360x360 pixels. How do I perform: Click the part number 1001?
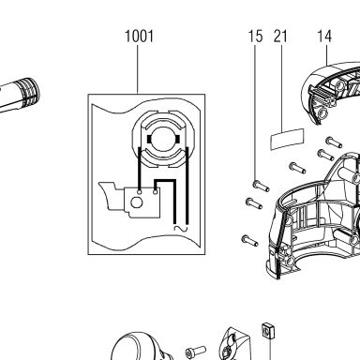coord(139,37)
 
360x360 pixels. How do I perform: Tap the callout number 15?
coord(255,37)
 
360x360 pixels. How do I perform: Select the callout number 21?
coord(280,37)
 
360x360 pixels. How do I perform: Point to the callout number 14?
coord(324,37)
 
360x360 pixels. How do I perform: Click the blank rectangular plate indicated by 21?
coord(287,139)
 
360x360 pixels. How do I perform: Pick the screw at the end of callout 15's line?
coord(261,187)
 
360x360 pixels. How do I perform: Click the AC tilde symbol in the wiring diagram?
coord(181,229)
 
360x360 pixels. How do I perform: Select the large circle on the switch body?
coord(137,202)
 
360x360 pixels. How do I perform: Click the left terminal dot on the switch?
coord(140,191)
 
